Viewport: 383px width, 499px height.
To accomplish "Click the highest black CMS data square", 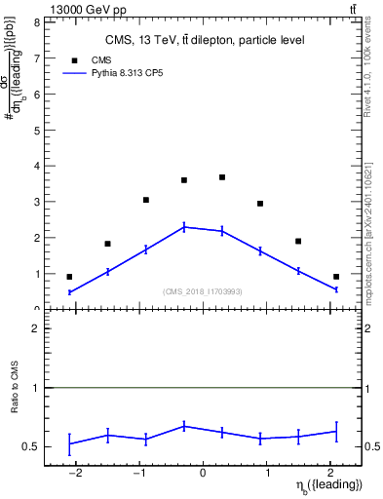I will (222, 177).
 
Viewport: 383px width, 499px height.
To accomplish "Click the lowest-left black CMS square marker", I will (69, 277).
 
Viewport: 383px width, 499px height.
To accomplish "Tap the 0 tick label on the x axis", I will (203, 475).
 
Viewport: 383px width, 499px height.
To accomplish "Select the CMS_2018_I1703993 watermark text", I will (202, 291).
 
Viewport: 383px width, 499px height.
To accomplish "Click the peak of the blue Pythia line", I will (184, 227).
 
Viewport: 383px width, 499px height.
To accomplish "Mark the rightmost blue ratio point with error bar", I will (335, 431).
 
